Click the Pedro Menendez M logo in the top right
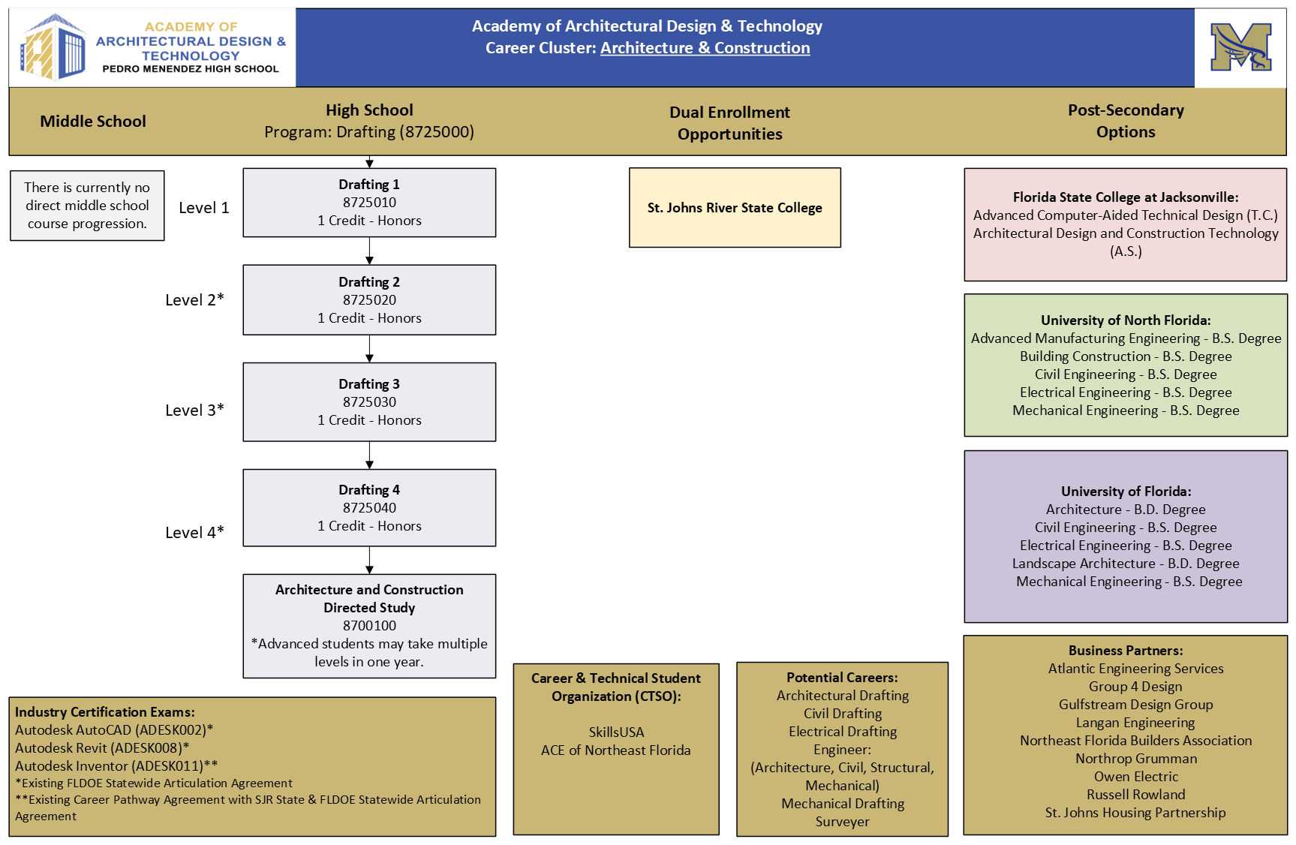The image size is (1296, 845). click(1240, 47)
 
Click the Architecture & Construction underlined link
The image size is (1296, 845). click(705, 48)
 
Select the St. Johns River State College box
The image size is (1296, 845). click(735, 208)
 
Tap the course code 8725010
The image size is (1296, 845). click(369, 203)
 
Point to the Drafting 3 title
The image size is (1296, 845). click(369, 384)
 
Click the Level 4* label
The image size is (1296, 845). click(194, 532)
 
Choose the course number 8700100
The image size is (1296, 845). click(369, 626)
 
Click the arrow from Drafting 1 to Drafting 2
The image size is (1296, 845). click(369, 251)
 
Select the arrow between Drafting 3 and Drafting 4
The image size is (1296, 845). click(369, 456)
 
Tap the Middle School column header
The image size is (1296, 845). click(93, 122)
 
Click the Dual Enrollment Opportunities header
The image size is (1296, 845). click(729, 123)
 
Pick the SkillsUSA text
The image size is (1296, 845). click(616, 732)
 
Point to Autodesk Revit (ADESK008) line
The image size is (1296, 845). click(102, 748)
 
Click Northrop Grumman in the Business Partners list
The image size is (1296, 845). click(1135, 759)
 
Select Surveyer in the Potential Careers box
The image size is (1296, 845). click(842, 822)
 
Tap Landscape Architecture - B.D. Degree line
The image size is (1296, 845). click(1126, 564)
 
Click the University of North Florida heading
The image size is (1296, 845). click(1126, 320)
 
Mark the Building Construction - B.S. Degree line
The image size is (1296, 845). click(1126, 356)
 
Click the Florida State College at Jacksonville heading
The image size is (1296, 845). click(1126, 197)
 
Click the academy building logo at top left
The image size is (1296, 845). click(53, 47)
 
